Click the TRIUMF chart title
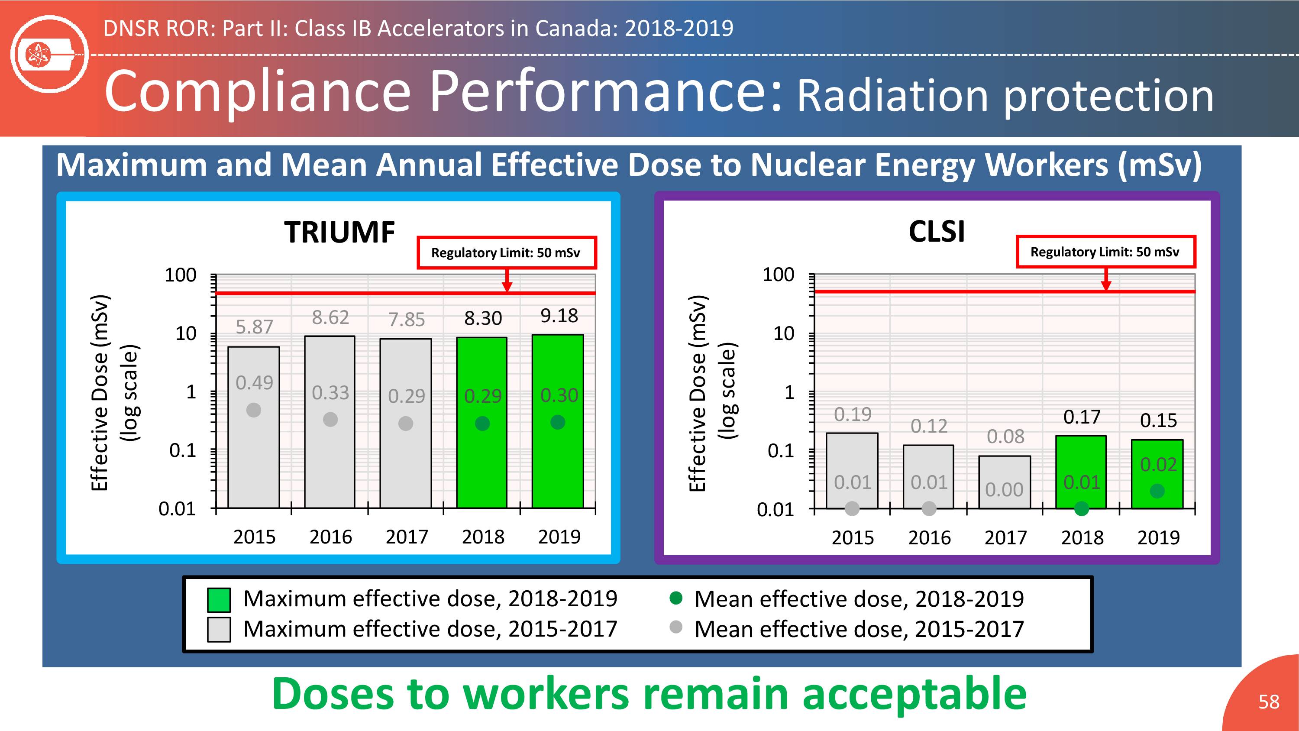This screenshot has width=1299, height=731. click(x=339, y=232)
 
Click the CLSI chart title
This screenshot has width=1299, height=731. click(x=937, y=232)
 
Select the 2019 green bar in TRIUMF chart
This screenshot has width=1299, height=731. click(x=558, y=421)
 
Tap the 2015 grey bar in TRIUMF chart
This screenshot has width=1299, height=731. click(x=254, y=427)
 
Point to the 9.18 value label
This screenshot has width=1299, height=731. click(x=559, y=316)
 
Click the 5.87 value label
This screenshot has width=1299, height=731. click(x=254, y=327)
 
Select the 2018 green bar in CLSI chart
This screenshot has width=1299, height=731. click(x=1081, y=472)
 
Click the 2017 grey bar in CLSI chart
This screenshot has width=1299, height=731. click(x=1005, y=482)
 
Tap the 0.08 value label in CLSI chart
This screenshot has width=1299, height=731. click(x=1005, y=437)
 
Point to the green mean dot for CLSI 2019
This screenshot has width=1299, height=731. click(x=1157, y=490)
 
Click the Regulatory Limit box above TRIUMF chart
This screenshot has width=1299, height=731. click(x=507, y=252)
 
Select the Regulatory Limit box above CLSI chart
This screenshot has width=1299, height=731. click(x=1105, y=251)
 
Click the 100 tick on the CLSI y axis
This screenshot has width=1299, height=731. click(x=778, y=275)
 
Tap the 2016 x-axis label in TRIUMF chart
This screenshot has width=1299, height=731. click(x=330, y=537)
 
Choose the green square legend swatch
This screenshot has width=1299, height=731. click(x=219, y=600)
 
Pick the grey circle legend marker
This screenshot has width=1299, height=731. click(x=676, y=627)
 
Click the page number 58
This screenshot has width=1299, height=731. click(x=1269, y=702)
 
